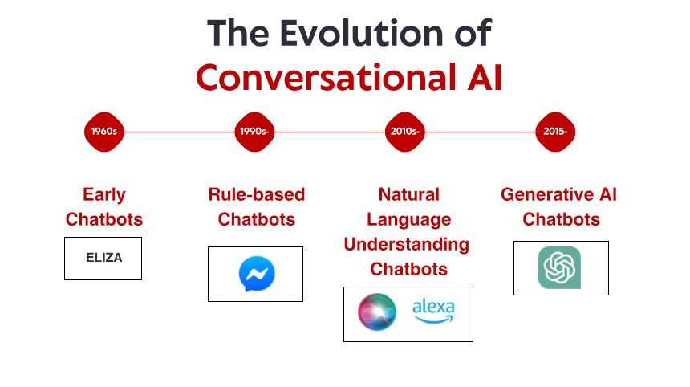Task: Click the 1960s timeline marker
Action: [x=104, y=132]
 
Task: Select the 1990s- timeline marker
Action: [x=255, y=132]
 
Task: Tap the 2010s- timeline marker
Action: [x=405, y=132]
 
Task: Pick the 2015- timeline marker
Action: [x=555, y=132]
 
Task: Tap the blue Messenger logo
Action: [x=256, y=275]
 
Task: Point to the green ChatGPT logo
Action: [x=560, y=267]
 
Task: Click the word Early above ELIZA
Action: [x=104, y=194]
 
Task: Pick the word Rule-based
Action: [x=256, y=194]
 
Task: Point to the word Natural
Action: [x=408, y=194]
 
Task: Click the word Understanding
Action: [x=407, y=244]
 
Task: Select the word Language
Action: [x=408, y=219]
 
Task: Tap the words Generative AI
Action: [x=558, y=194]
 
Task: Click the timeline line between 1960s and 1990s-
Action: [x=180, y=132]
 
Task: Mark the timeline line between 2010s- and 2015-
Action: [x=480, y=132]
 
